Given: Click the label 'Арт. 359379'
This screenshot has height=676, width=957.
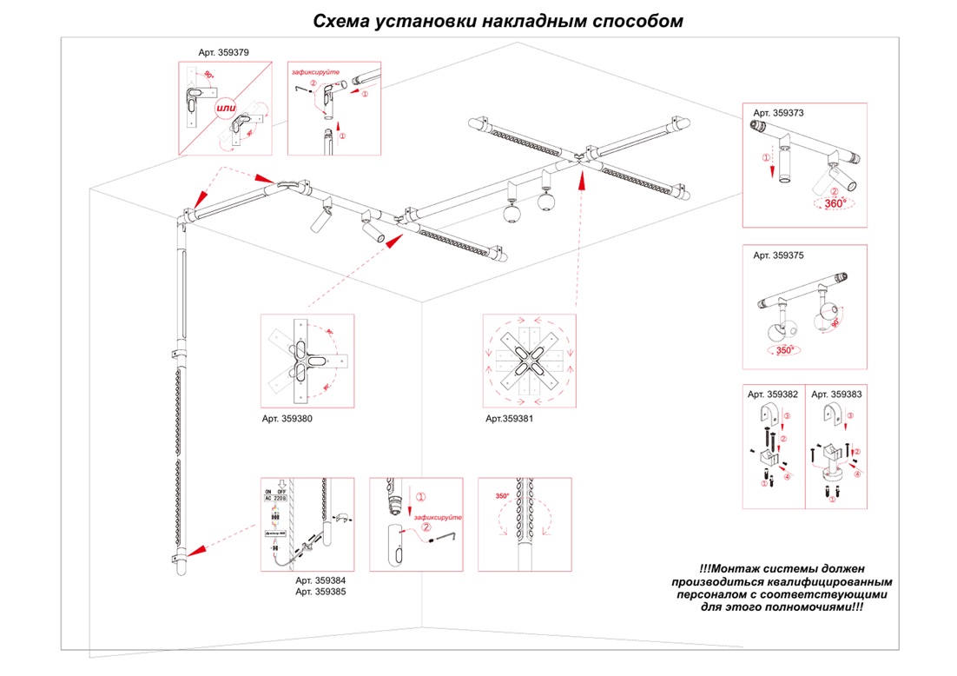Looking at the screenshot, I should coord(223,53).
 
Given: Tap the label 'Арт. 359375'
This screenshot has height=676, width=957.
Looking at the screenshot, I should coord(778,255).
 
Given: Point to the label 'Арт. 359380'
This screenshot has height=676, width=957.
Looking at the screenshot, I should coord(287,418).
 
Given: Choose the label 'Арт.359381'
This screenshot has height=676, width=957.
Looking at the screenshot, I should coord(509,418).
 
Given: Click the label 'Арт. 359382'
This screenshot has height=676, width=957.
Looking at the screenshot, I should coord(773,394).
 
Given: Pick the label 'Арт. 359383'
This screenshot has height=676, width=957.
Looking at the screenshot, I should coord(837,394).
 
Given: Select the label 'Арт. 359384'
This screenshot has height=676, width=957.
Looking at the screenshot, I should coord(320,580).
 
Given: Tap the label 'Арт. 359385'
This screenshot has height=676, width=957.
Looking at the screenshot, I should coord(320,592).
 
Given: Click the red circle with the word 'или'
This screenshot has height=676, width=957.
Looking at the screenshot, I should coord(227,107).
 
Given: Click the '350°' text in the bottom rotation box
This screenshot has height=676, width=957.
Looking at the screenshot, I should coord(503,496).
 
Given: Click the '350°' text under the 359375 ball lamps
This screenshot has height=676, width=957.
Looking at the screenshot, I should coord(784,351).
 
